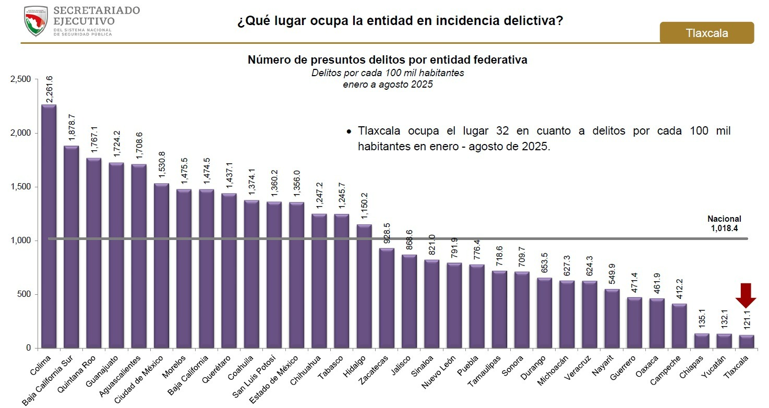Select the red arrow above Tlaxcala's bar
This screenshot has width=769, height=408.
pyautogui.click(x=746, y=295)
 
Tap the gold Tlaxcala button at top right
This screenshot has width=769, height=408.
pyautogui.click(x=706, y=33)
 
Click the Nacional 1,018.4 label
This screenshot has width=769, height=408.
pyautogui.click(x=724, y=223)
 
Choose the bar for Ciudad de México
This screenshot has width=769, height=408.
pyautogui.click(x=161, y=266)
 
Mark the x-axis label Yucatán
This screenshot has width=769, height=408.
pyautogui.click(x=714, y=368)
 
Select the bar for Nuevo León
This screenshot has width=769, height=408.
pyautogui.click(x=454, y=305)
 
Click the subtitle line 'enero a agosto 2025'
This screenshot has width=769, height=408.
pyautogui.click(x=388, y=84)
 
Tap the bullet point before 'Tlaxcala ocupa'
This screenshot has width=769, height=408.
pyautogui.click(x=349, y=131)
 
